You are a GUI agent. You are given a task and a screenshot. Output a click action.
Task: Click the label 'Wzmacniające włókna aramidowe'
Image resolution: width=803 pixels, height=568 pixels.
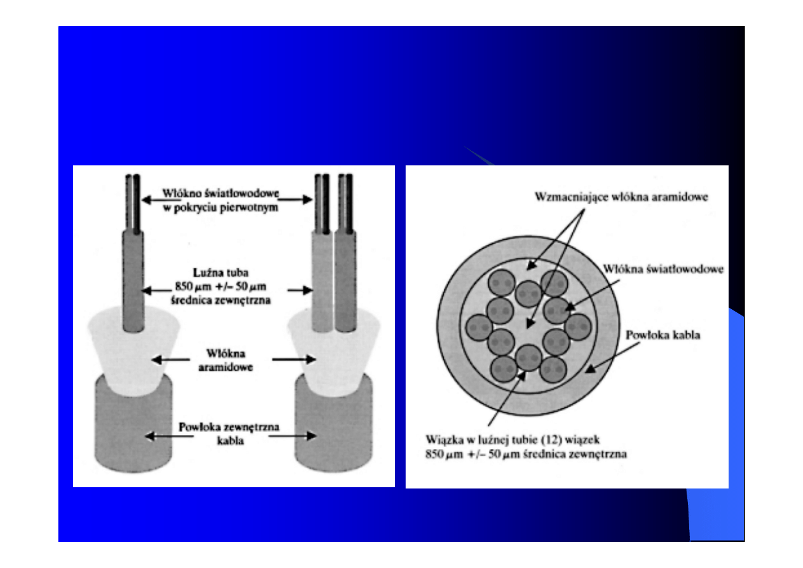tap(621, 197)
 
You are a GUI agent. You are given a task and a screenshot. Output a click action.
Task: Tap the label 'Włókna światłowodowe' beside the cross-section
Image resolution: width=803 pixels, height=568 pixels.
tap(663, 269)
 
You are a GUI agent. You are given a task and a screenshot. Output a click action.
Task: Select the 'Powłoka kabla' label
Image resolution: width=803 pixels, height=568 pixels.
tap(663, 335)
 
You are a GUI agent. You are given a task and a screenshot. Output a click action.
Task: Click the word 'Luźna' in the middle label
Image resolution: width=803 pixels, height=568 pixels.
tap(205, 272)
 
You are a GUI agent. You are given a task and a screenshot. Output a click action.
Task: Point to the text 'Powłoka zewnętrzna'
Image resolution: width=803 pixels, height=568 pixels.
tap(229, 427)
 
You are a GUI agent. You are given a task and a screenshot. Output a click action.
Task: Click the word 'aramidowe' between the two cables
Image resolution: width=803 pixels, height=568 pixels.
tap(226, 367)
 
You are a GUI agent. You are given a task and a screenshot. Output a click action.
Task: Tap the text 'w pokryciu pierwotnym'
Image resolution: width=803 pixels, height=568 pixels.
tap(221, 207)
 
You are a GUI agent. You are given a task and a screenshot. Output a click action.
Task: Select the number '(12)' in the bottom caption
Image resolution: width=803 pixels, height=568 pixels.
tap(551, 440)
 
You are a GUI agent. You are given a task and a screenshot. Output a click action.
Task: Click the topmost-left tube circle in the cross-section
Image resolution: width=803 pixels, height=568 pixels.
tap(502, 283)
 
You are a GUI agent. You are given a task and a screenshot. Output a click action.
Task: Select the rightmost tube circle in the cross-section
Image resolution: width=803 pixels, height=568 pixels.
tap(578, 327)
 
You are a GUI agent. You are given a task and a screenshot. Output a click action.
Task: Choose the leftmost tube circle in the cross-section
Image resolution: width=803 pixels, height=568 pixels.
tap(479, 328)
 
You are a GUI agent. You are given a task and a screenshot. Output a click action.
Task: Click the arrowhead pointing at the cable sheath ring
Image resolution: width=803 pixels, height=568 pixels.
tap(591, 369)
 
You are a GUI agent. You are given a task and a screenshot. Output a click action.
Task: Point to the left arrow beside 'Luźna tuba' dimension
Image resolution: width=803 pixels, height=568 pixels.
tap(156, 291)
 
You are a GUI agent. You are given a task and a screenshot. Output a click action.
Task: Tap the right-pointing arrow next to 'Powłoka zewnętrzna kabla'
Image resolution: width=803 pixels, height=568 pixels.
tap(292, 436)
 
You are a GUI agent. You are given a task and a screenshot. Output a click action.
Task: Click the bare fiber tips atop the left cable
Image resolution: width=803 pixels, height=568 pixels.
tap(133, 203)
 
